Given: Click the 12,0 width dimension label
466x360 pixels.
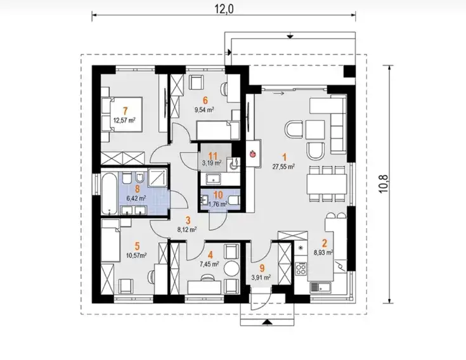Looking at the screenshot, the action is pos(224,10).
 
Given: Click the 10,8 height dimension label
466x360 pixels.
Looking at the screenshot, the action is pos(384,184).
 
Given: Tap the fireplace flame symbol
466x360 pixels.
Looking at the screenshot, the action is pos(252,153).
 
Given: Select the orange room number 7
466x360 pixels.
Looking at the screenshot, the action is pos(125,111).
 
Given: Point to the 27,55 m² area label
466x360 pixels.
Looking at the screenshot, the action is pos(283,167).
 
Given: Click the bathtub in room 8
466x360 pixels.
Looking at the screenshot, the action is pos(109,193).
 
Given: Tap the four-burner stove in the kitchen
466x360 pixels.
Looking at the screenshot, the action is pos(301,269).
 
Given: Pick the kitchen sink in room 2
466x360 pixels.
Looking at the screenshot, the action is pos(321,287).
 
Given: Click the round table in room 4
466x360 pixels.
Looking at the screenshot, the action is pos(231,269).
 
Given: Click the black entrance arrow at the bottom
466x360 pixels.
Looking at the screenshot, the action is pos(267,322).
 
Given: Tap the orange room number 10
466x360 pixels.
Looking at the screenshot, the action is pos(218,195).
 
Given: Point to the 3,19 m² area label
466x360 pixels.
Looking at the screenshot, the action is pos(212,163).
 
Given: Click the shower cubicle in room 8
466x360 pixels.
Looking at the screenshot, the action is pos(157,178).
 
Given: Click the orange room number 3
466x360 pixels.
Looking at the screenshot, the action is pos(188,221).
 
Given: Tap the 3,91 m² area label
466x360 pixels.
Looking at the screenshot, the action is pos(261,278).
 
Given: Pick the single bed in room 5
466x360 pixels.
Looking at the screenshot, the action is pos(110,241).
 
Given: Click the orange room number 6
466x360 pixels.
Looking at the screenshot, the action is pos(205,100).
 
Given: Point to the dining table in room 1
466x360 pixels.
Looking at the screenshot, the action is pos(327,183).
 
